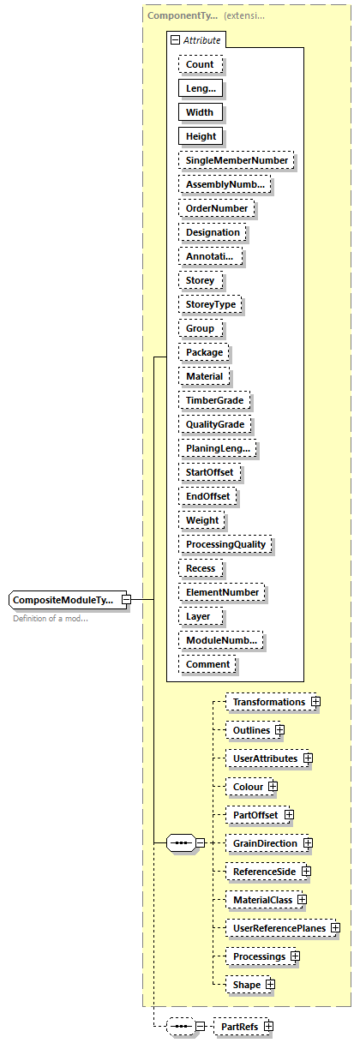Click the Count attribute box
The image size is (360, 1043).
click(201, 64)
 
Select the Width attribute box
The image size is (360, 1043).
click(200, 112)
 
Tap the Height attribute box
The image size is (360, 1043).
click(201, 136)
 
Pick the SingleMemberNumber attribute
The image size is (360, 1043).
click(236, 160)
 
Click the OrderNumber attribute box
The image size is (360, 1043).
click(216, 208)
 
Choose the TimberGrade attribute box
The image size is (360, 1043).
click(214, 400)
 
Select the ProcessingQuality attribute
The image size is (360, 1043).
click(225, 544)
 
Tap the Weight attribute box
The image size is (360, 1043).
click(202, 520)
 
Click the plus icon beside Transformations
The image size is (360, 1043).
click(316, 702)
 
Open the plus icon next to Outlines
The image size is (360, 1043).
click(280, 730)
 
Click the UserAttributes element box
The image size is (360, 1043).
click(265, 758)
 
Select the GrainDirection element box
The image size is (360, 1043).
click(265, 843)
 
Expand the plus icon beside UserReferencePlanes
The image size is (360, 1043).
click(336, 928)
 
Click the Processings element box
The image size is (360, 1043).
click(258, 956)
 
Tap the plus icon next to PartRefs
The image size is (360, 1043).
click(268, 1026)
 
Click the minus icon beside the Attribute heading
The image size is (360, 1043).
click(176, 39)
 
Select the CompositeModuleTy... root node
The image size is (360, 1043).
click(64, 601)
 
